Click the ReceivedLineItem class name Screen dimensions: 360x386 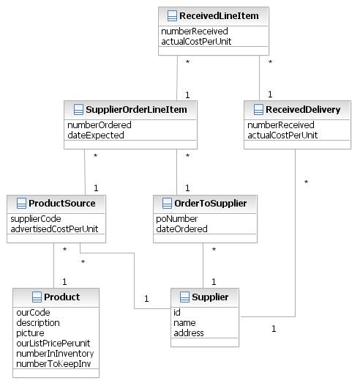click(x=219, y=16)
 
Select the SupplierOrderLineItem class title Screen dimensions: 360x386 click(x=136, y=110)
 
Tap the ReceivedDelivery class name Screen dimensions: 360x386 click(x=303, y=110)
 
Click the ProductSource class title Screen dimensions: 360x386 click(x=62, y=203)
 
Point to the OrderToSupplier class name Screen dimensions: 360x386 click(x=211, y=203)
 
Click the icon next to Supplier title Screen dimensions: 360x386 click(x=184, y=297)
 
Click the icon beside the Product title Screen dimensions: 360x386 click(x=37, y=297)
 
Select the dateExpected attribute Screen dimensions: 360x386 click(x=96, y=136)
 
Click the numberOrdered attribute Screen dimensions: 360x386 click(x=100, y=125)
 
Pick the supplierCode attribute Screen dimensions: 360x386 click(x=36, y=218)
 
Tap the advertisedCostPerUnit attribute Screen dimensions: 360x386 click(x=54, y=229)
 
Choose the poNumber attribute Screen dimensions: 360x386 click(x=176, y=218)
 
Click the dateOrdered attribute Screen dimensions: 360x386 click(x=181, y=229)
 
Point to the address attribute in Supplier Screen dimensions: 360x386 click(x=189, y=333)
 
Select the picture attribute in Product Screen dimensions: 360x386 click(x=30, y=333)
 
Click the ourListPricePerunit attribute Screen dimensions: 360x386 click(x=53, y=344)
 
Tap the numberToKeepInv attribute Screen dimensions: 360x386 click(x=53, y=363)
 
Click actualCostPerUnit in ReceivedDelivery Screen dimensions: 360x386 click(x=282, y=136)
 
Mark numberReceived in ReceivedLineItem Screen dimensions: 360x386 click(x=195, y=31)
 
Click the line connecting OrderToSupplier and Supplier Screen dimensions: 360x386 click(x=203, y=265)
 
